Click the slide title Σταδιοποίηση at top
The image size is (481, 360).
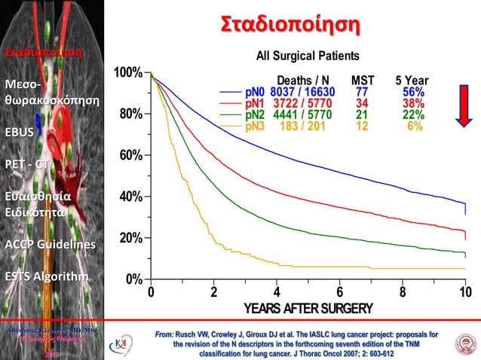click(x=290, y=24)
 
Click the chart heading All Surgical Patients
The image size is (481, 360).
click(x=308, y=56)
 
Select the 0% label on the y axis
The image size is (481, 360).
click(x=133, y=279)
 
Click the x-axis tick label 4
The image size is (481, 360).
click(x=277, y=293)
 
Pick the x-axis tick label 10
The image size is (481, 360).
click(x=464, y=293)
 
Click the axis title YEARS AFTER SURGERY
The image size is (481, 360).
click(x=308, y=309)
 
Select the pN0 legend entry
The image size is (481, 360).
click(x=254, y=92)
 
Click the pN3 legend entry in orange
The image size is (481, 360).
click(x=254, y=127)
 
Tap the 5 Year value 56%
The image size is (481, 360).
click(x=412, y=92)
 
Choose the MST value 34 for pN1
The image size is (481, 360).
click(x=362, y=103)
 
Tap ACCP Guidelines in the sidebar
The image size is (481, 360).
click(x=50, y=245)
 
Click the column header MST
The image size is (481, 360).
click(x=363, y=81)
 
